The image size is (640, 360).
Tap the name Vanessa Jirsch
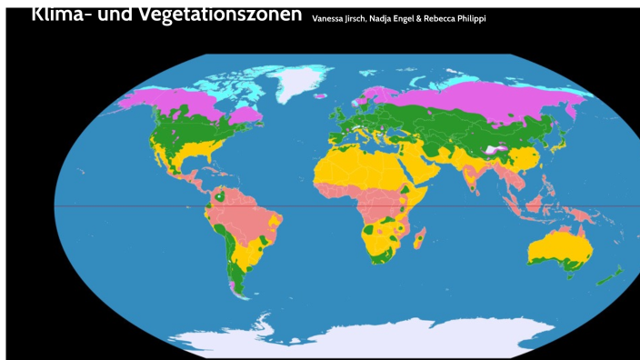pyautogui.click(x=338, y=19)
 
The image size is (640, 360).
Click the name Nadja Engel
pyautogui.click(x=393, y=19)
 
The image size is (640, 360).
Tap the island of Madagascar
pyautogui.click(x=419, y=240)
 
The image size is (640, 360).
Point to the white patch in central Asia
pyautogui.click(x=493, y=148)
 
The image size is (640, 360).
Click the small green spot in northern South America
pyautogui.click(x=221, y=196)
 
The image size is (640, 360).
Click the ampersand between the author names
pyautogui.click(x=420, y=19)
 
